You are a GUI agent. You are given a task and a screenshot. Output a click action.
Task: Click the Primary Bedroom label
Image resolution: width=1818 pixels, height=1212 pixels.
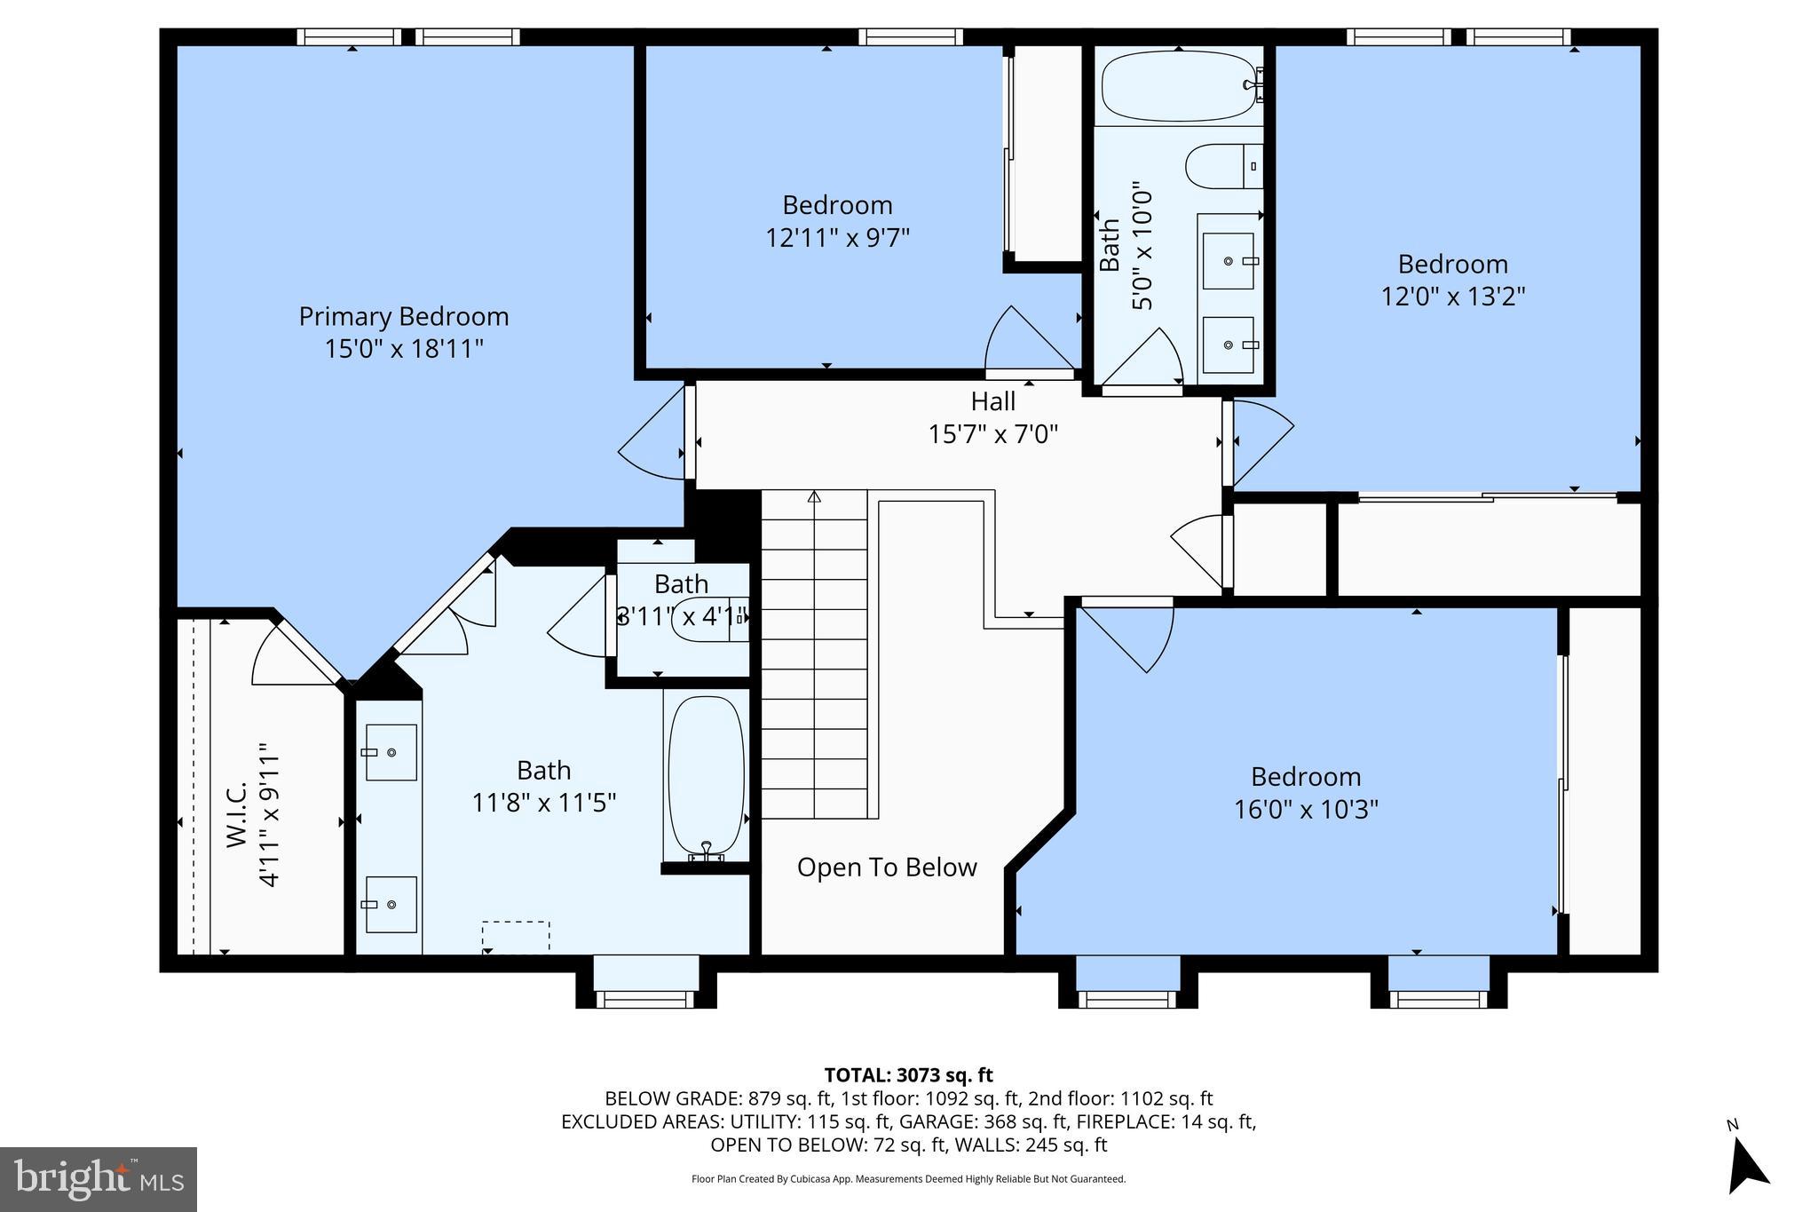coord(403,316)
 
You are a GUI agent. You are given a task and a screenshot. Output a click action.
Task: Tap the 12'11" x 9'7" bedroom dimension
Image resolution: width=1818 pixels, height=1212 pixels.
coord(837,238)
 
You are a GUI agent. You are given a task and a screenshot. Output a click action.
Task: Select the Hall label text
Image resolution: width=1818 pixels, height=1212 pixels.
coord(992,401)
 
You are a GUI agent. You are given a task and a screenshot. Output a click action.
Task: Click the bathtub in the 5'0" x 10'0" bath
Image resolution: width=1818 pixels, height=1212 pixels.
coord(1177,86)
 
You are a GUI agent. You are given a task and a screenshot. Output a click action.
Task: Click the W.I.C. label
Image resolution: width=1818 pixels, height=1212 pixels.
coord(237,814)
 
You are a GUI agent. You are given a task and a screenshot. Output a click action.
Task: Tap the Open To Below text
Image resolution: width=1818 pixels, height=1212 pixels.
coord(886,867)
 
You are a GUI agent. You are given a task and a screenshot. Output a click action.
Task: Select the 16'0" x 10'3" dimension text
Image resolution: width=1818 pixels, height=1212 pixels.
coord(1305,810)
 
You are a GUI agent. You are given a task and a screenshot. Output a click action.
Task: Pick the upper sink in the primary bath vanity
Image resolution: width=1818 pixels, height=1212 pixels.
coord(391,752)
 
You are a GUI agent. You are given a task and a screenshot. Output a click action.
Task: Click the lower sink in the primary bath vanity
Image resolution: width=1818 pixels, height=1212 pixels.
coord(391,904)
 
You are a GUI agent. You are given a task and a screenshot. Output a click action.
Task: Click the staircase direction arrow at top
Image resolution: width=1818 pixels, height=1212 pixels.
coord(814,496)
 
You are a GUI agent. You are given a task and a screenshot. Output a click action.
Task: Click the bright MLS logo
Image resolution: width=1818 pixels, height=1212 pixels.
coord(99,1179)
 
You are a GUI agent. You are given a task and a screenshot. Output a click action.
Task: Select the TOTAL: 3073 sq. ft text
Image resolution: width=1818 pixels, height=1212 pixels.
coord(908,1075)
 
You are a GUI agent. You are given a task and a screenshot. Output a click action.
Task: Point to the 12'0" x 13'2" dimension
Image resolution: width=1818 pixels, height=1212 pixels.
coord(1452,297)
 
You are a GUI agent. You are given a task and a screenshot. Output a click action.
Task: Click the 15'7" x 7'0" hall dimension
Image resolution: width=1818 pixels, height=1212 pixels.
coord(992,434)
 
